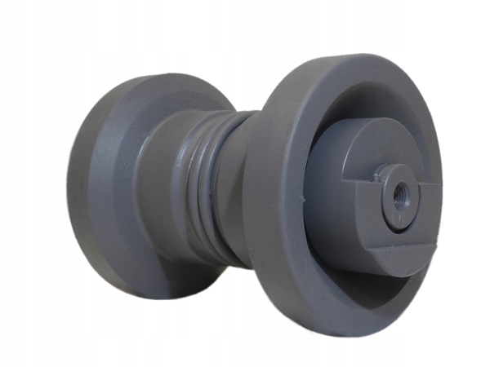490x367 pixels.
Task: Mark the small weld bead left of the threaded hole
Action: [x=377, y=173]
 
